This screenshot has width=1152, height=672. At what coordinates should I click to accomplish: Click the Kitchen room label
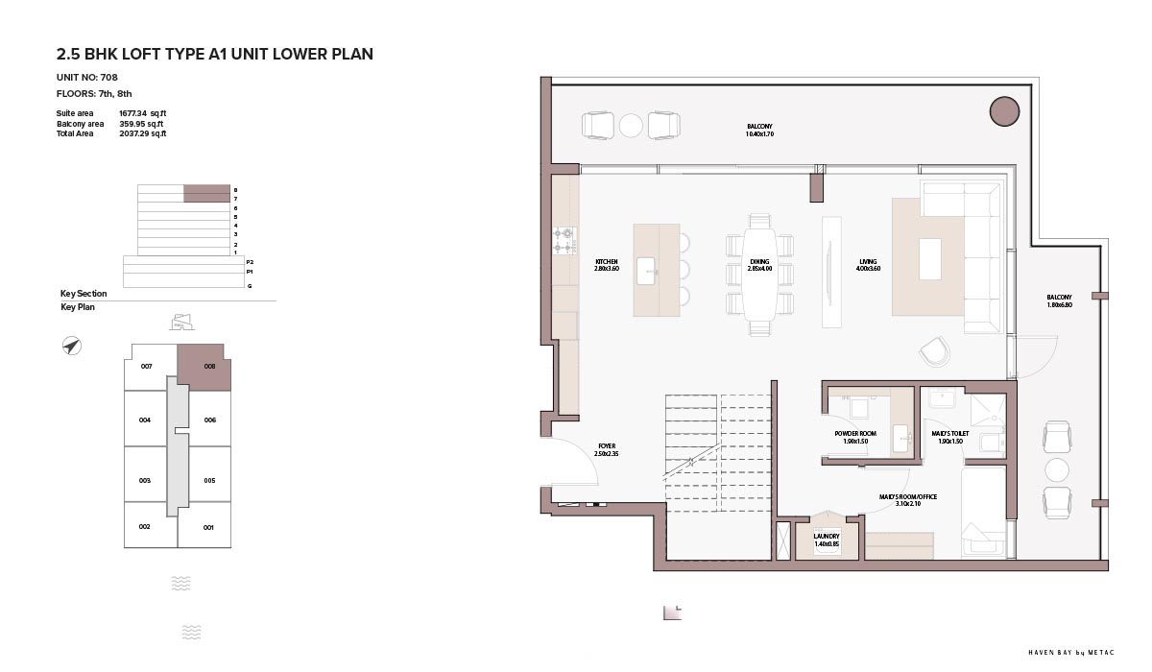point(607,265)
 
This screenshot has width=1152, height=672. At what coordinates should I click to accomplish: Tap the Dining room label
point(759,265)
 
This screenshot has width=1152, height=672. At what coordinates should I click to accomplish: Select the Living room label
point(868,265)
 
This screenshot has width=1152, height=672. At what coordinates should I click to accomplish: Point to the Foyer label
point(607,450)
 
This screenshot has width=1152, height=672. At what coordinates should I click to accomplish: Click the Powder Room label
point(855,437)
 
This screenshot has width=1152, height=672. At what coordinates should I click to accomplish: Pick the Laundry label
point(827,540)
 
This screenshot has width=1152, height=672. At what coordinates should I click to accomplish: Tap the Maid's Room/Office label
point(908,500)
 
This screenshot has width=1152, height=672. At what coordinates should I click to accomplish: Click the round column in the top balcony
point(1004,111)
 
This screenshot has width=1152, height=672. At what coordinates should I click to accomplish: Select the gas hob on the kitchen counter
point(564,241)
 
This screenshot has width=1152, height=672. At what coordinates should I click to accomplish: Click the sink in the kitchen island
point(646,271)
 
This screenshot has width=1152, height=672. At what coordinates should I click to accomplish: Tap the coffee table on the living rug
point(930,259)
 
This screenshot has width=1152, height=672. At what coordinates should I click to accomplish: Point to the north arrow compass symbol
point(71,346)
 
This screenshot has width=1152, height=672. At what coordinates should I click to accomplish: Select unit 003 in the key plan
point(145,481)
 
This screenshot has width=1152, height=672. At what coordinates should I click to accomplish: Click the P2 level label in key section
point(250,262)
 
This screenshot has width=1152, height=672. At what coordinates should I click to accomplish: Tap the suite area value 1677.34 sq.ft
point(142,113)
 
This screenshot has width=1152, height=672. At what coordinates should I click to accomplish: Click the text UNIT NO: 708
point(87,77)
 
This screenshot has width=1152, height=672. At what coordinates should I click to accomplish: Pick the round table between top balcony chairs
point(631,126)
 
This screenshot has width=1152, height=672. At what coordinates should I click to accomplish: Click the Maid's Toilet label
point(949,437)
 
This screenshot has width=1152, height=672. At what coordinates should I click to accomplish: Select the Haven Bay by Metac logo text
point(1071,653)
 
